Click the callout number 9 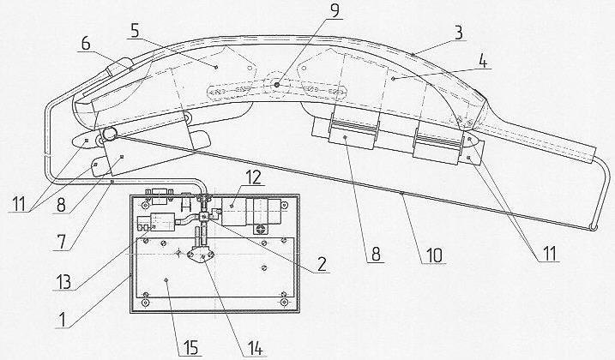click(x=335, y=10)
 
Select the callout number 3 click(x=459, y=33)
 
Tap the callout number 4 click(x=483, y=62)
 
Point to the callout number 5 click(x=135, y=32)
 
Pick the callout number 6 click(x=86, y=44)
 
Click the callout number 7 click(x=61, y=243)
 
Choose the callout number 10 click(x=434, y=255)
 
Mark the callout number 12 click(x=253, y=177)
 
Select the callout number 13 click(x=63, y=282)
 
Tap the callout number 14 click(x=254, y=348)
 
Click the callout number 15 click(x=190, y=348)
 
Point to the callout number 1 click(x=61, y=320)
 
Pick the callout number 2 click(x=322, y=264)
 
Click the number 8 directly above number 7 click(x=61, y=205)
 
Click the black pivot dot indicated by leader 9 click(x=277, y=85)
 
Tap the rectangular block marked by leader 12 click(x=234, y=212)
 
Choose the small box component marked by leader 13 click(x=162, y=222)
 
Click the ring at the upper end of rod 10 click(x=110, y=134)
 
